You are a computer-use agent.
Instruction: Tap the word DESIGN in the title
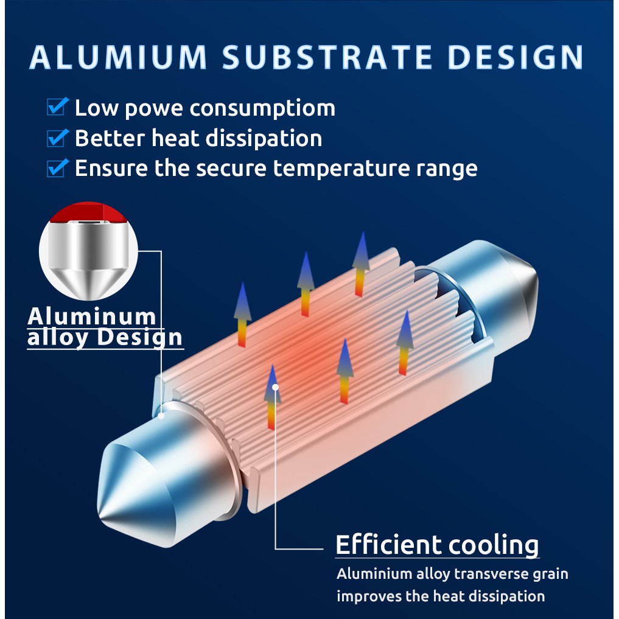click(516, 57)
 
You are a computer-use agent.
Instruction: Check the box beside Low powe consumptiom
click(58, 107)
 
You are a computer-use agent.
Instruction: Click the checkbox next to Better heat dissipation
click(58, 138)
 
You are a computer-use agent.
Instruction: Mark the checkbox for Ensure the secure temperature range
click(58, 168)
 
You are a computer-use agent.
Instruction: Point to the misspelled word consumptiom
click(262, 109)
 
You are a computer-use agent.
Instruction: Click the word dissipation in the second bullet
click(264, 139)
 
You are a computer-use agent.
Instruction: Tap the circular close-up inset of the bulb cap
click(88, 251)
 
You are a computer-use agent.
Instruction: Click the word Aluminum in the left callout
click(91, 316)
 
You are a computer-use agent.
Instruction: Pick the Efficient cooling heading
click(437, 545)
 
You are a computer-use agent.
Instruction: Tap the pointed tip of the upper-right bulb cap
click(537, 276)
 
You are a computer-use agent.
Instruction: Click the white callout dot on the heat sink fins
click(276, 387)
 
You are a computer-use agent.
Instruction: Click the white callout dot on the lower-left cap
click(161, 415)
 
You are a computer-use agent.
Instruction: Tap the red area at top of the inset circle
click(89, 212)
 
